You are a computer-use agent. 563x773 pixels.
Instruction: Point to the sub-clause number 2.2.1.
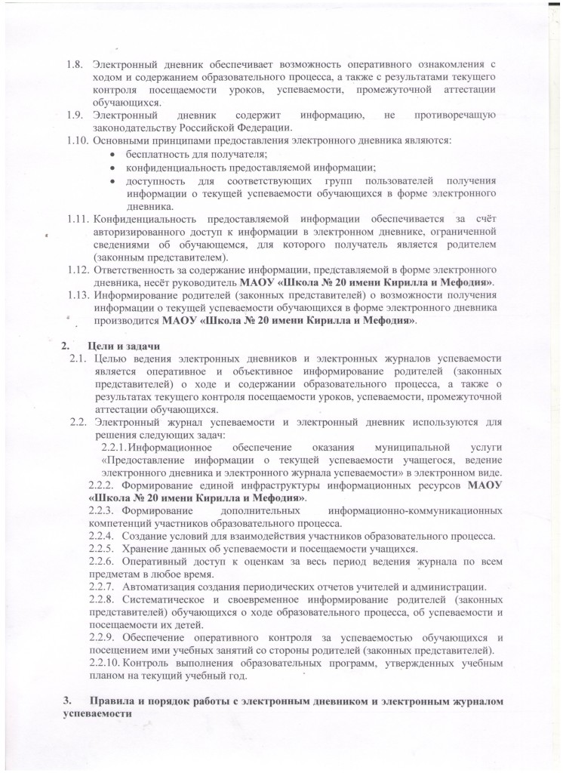(112, 447)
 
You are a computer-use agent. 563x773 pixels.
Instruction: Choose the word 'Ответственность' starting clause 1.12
(134, 269)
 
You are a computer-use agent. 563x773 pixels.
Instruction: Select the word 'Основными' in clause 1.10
(118, 141)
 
